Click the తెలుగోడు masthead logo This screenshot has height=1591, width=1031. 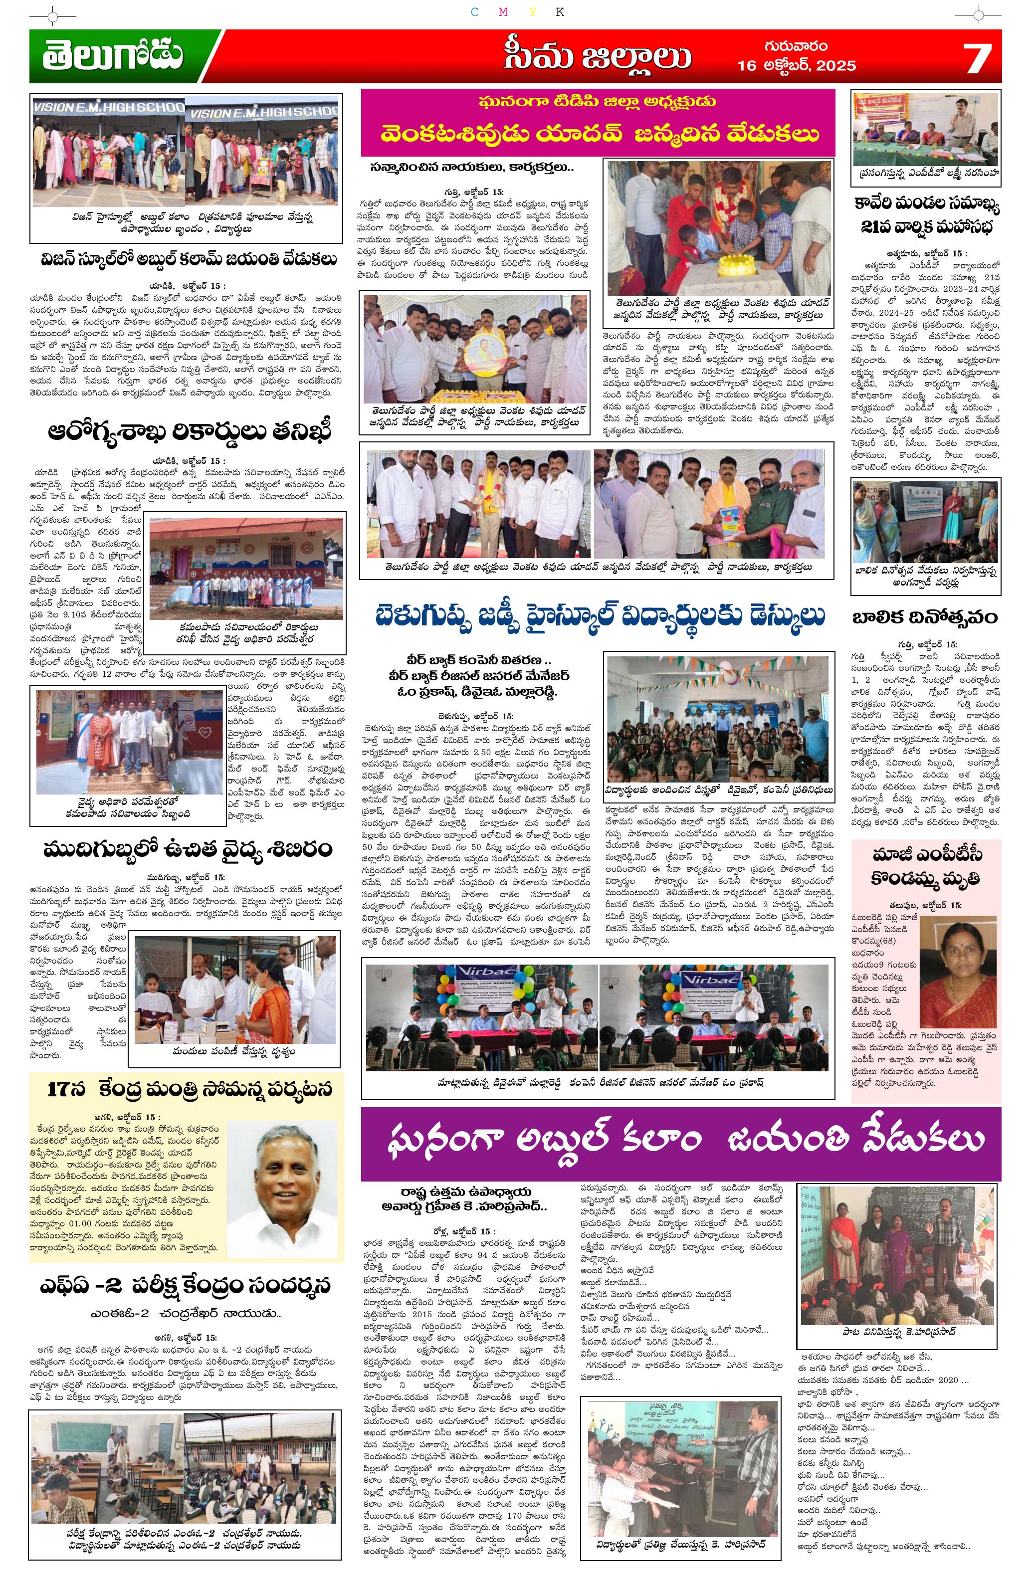point(112,56)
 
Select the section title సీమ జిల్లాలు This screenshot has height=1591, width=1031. point(597,57)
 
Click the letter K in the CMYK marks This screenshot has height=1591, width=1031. point(560,12)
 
